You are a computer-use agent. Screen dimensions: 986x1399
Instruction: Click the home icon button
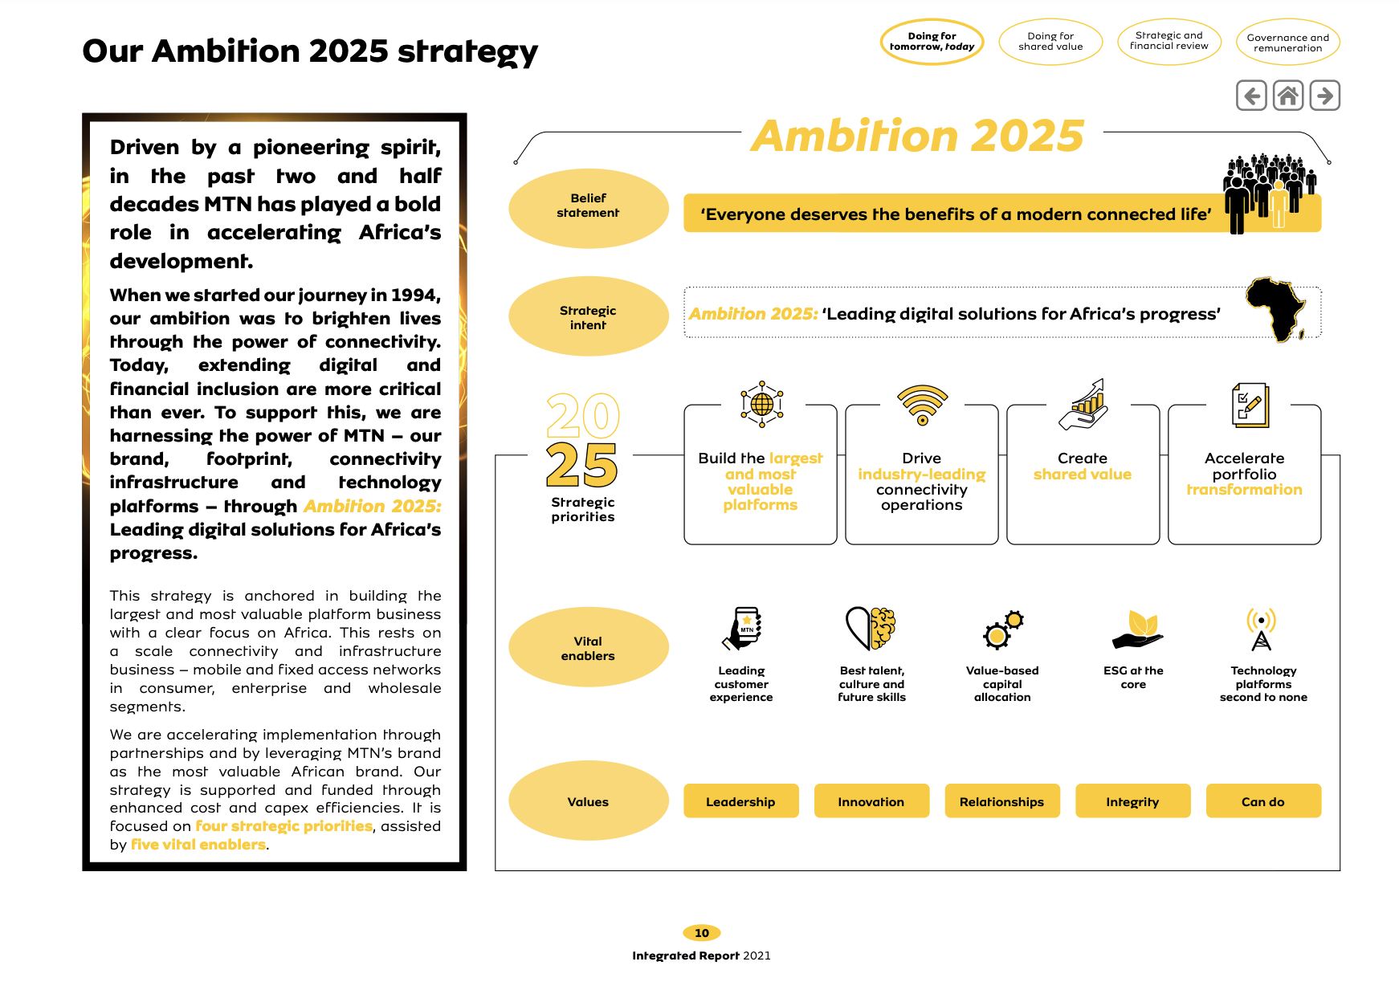[1288, 96]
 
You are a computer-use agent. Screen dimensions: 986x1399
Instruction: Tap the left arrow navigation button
[1251, 96]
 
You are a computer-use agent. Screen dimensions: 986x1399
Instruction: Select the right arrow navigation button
[1325, 96]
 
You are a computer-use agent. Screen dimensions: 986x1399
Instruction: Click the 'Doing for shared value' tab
[1050, 42]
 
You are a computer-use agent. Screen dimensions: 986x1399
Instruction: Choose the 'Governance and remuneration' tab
[1287, 43]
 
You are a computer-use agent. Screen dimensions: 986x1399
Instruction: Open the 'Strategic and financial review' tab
[1169, 41]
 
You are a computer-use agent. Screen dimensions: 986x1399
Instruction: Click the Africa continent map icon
[1276, 310]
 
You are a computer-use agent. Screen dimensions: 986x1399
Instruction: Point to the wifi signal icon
[922, 404]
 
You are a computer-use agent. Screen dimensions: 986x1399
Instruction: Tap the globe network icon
[761, 403]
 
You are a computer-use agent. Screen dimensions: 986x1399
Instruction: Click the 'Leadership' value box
[740, 801]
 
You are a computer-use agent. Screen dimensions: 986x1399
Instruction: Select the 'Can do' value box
[1262, 801]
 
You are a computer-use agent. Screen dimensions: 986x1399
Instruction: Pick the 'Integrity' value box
[1132, 801]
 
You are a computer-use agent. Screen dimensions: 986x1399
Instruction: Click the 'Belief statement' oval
[588, 206]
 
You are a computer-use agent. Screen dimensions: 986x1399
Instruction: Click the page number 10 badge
[701, 933]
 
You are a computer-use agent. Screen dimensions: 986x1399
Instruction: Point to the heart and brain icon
[871, 628]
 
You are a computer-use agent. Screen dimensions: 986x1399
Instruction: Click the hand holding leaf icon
[1136, 629]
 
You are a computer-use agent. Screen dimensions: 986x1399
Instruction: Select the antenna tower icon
[1261, 629]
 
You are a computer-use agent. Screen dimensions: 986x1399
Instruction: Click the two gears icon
[1003, 629]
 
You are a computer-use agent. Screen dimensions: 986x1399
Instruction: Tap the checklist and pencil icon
[1249, 405]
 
